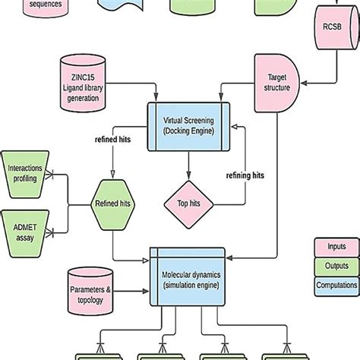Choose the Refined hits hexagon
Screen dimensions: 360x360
pos(113,203)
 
